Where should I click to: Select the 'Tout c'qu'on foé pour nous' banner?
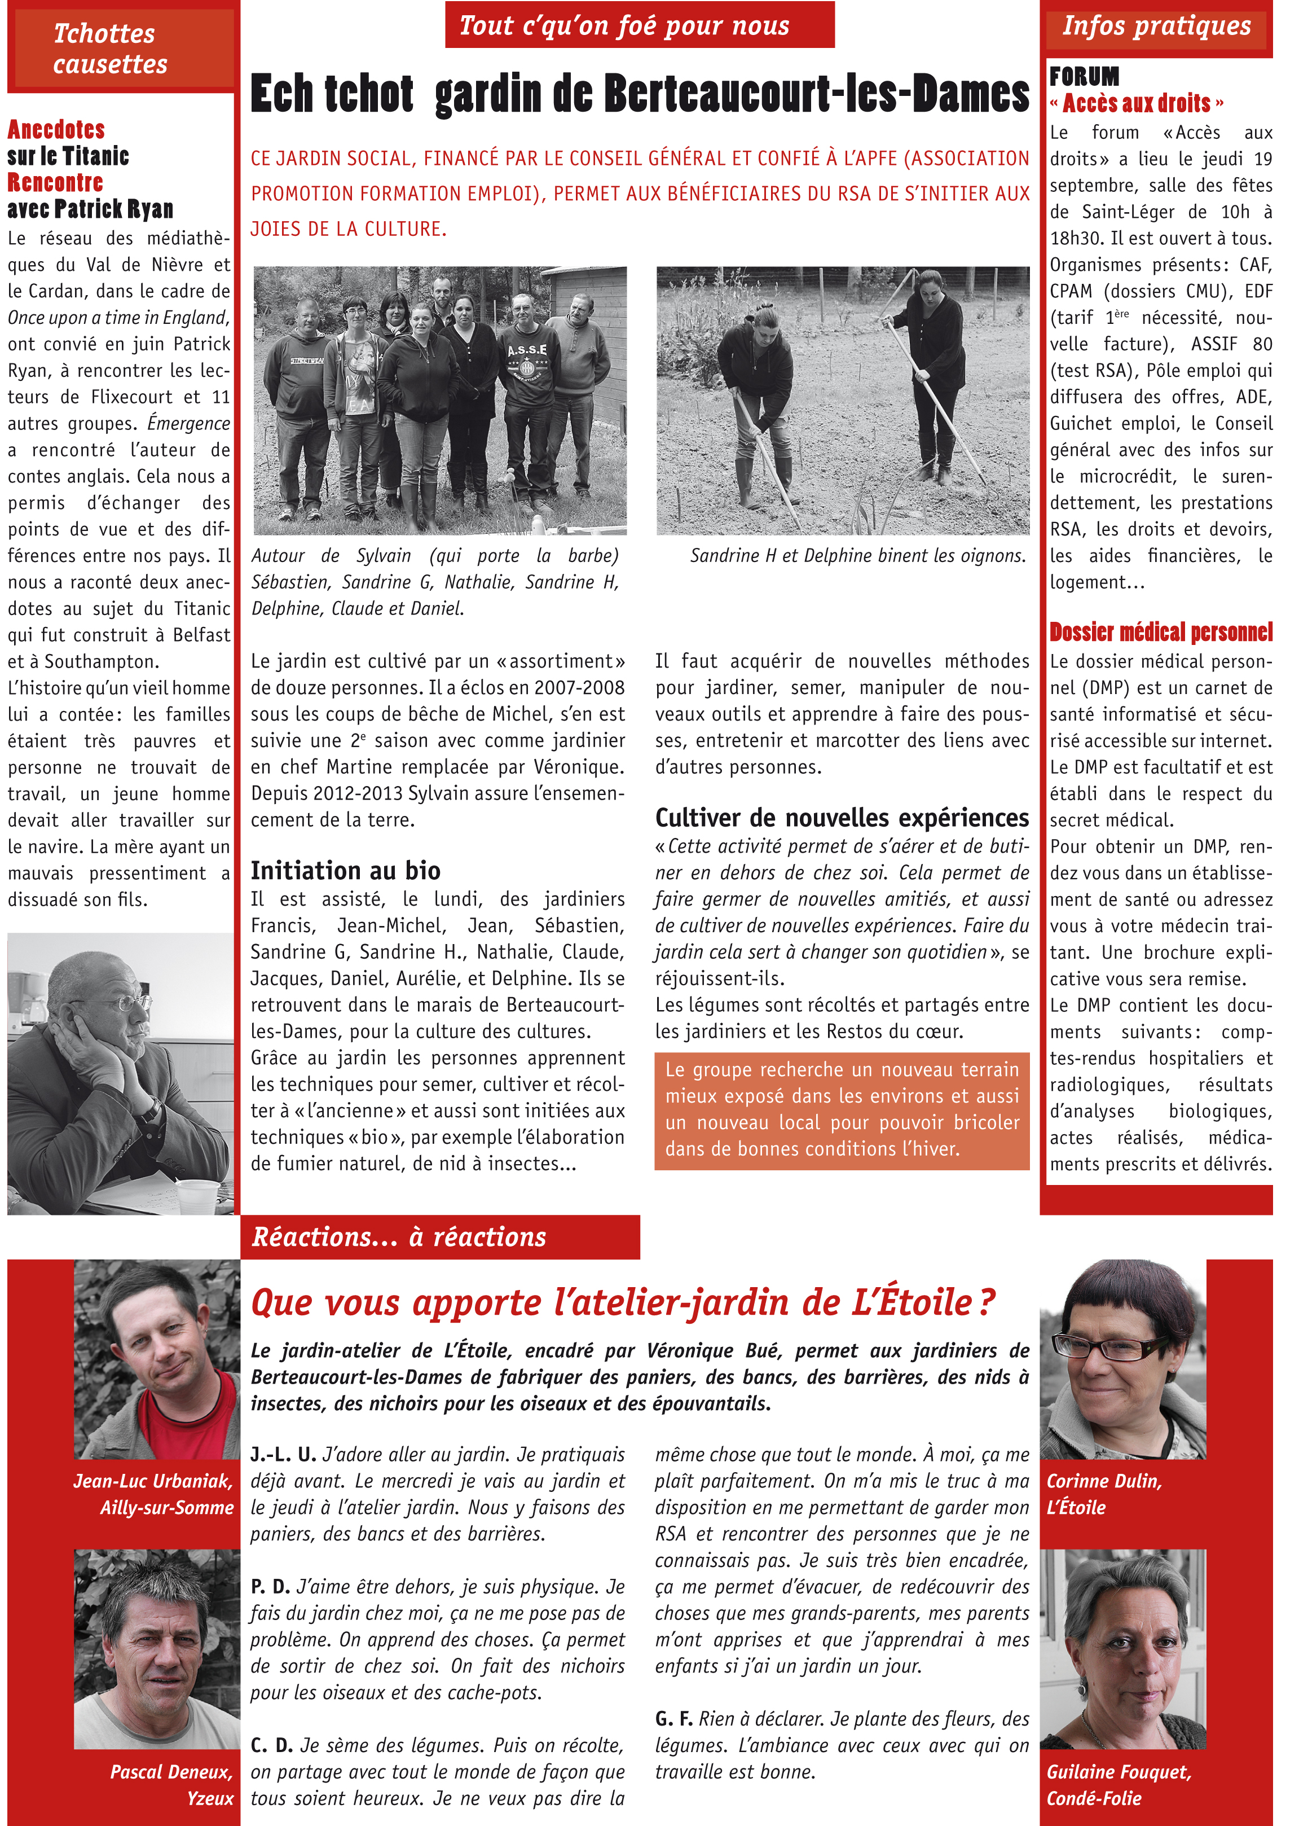point(624,25)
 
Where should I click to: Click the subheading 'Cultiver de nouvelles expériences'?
point(842,818)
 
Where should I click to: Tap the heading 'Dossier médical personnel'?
point(1161,632)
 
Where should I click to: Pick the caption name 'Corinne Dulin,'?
point(1104,1481)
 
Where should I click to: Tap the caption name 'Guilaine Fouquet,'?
point(1119,1772)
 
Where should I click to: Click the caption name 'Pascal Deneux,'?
point(171,1772)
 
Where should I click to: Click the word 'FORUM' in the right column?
point(1084,77)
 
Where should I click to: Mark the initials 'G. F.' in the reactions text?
point(673,1719)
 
